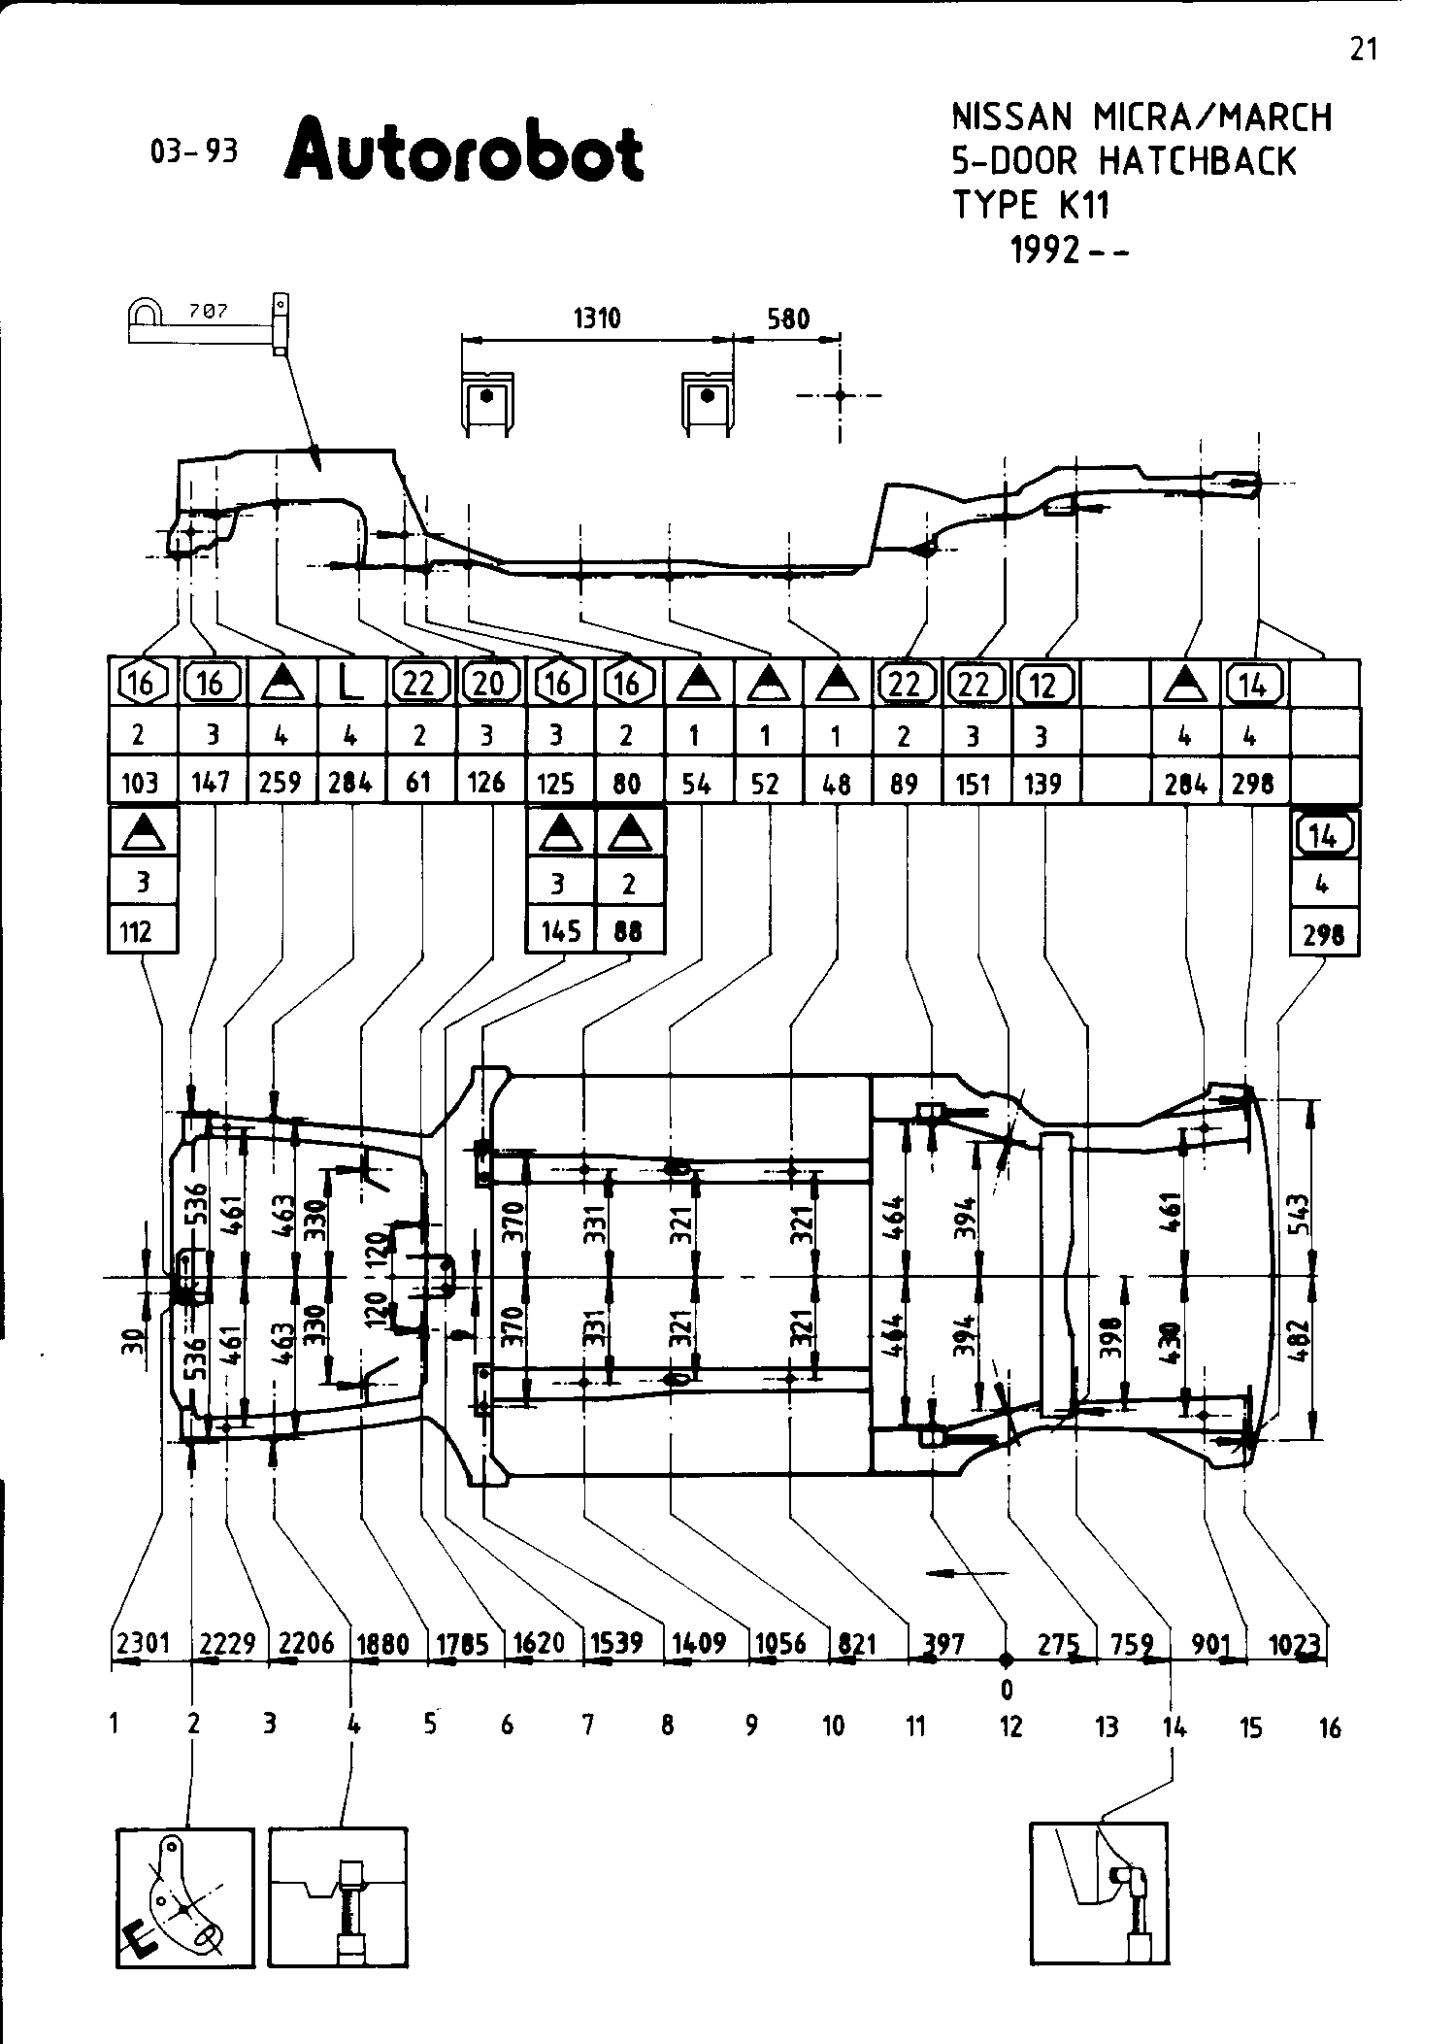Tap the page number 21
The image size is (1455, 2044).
(1363, 50)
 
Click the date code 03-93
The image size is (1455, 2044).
(194, 152)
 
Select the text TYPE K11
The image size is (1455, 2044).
(1030, 205)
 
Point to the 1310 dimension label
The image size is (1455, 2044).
(596, 318)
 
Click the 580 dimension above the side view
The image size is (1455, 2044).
(787, 318)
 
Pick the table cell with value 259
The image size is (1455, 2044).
(281, 782)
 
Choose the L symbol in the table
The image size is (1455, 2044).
(350, 685)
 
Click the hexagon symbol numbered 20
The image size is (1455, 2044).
(488, 685)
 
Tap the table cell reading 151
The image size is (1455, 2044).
(974, 783)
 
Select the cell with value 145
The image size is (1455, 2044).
(560, 931)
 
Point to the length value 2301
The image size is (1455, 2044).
(143, 1643)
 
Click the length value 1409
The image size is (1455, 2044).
(700, 1643)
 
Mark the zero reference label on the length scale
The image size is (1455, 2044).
(1007, 1690)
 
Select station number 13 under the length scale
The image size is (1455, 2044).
(1107, 1726)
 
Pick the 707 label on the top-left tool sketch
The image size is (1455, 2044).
(209, 312)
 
